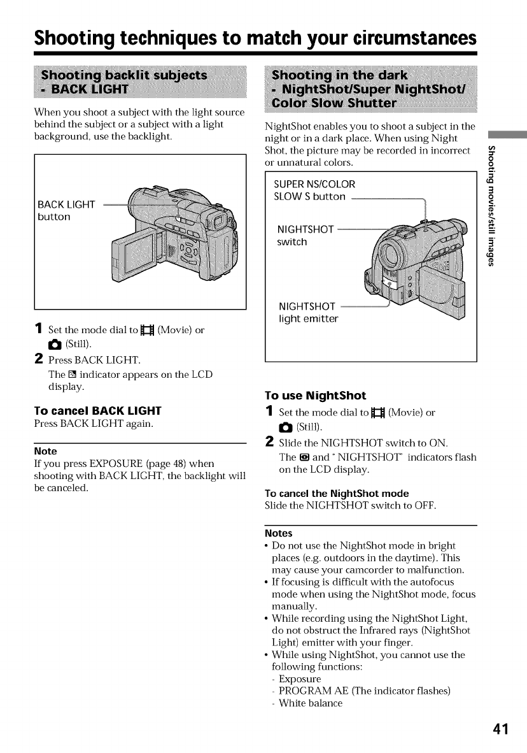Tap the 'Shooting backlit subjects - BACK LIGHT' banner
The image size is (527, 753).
pyautogui.click(x=125, y=81)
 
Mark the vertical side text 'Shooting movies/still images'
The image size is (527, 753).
pyautogui.click(x=490, y=217)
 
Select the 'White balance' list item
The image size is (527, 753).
pyautogui.click(x=310, y=703)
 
